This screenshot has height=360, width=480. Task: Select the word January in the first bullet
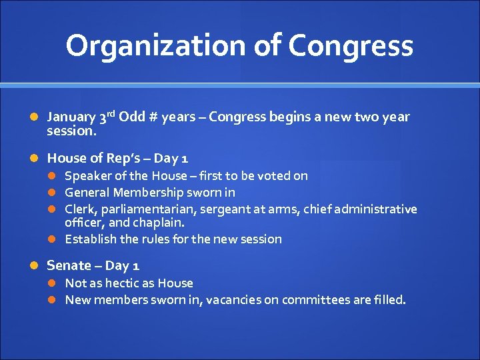coord(71,118)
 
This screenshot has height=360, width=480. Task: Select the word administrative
coord(378,209)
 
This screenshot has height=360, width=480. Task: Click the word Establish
coord(89,239)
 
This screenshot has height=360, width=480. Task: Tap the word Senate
coord(69,265)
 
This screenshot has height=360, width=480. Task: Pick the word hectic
coord(133,283)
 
